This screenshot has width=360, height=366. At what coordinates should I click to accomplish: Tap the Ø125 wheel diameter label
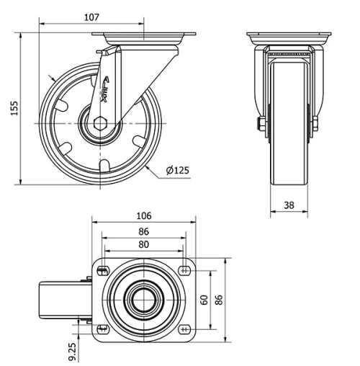coord(176,171)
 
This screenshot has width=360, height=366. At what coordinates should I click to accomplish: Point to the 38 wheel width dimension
coord(289,205)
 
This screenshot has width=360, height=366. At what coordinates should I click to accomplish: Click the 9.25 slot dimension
coord(71,351)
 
